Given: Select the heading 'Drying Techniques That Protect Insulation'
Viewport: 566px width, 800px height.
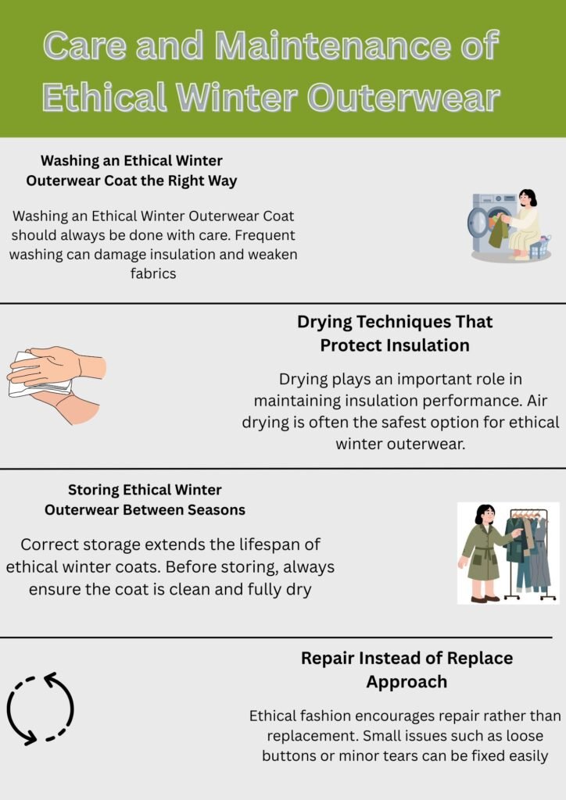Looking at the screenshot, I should [x=395, y=334].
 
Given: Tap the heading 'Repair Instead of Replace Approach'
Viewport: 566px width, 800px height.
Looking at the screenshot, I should [x=407, y=670].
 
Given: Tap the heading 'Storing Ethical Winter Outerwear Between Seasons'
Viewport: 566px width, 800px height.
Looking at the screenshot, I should [x=145, y=500].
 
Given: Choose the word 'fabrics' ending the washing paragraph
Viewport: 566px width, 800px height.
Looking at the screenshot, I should [x=155, y=274].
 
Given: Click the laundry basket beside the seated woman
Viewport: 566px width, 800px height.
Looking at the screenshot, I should [x=539, y=249].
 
